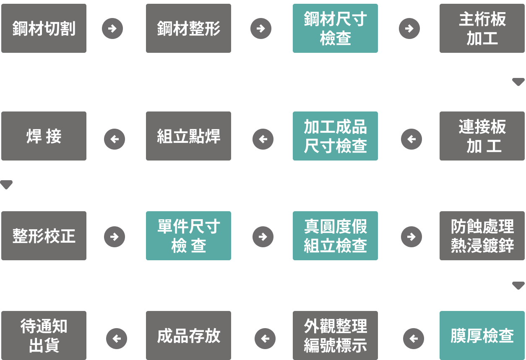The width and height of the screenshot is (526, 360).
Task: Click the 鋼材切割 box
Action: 44,28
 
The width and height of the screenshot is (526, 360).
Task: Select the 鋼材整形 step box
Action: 189,28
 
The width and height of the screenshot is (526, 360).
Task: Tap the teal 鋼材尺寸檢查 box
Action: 335,28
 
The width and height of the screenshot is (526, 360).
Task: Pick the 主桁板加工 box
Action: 482,28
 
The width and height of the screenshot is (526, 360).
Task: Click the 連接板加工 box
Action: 482,136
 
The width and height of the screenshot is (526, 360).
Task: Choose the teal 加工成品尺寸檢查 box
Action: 335,136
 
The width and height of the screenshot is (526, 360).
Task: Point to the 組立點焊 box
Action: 189,136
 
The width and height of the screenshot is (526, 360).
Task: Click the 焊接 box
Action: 44,136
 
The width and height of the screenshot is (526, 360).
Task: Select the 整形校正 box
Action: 44,236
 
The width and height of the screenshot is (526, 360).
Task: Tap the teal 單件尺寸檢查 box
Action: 189,236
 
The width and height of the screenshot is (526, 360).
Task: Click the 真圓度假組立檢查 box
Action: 335,236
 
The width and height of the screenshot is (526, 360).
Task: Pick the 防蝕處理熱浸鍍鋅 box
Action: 482,236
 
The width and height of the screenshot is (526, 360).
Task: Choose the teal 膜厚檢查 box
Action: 482,335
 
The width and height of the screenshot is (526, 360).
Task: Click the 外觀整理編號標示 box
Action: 335,335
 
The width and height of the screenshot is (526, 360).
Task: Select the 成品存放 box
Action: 189,335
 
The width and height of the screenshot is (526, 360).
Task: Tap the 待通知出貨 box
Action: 44,335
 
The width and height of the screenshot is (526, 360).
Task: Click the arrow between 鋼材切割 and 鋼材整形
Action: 112,28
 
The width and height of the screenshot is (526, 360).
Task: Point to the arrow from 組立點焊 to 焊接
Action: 115,139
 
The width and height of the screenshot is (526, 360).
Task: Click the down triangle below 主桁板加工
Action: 518,82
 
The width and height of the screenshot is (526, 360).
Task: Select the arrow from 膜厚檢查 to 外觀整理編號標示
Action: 414,338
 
